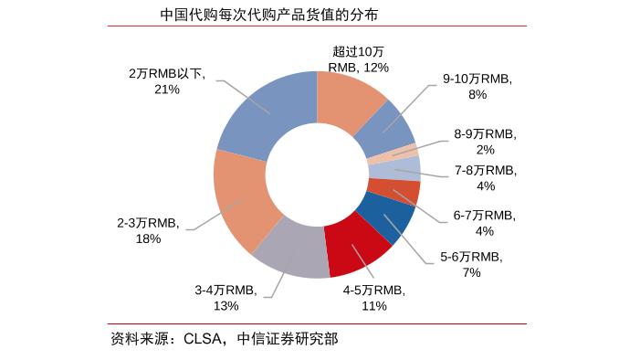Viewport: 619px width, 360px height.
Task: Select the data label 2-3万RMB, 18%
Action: click(148, 230)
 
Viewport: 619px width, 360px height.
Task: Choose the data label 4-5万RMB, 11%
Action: click(373, 297)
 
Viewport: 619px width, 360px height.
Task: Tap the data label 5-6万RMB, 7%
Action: click(471, 264)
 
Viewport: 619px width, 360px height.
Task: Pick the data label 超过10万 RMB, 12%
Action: click(359, 59)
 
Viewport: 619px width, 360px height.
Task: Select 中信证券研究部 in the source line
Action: click(287, 339)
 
